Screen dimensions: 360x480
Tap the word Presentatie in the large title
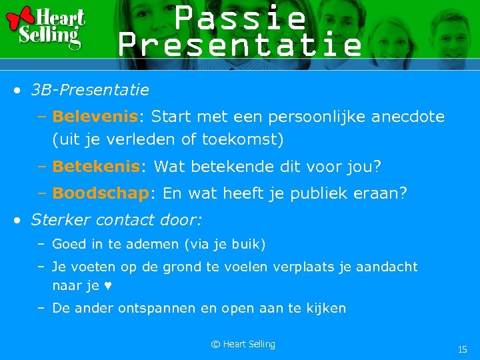tap(240, 45)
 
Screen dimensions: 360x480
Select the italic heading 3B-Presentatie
tap(90, 89)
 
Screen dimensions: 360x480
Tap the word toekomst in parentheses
tap(246, 140)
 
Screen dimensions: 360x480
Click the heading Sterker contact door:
tap(117, 219)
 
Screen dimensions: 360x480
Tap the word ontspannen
tap(157, 309)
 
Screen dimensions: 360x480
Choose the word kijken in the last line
tap(326, 309)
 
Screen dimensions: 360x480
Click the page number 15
tap(462, 349)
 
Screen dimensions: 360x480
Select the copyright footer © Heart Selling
tap(243, 344)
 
